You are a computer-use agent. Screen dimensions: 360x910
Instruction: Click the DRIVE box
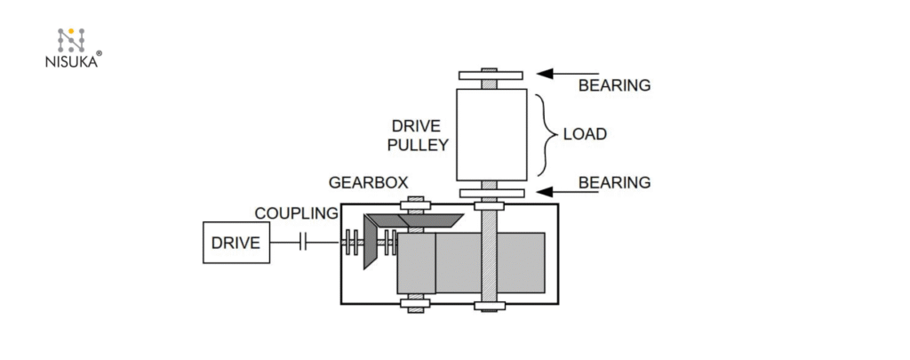coord(236,243)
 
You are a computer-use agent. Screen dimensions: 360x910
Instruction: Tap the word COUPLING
coord(296,213)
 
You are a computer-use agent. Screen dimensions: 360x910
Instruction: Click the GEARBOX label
coord(368,182)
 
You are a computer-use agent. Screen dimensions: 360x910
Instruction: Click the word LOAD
coord(585,134)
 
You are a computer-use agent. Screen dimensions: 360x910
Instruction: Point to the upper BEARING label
coord(614,85)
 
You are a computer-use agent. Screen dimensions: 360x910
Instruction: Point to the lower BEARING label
coord(614,182)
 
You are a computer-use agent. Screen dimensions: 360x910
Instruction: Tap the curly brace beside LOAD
coord(544,134)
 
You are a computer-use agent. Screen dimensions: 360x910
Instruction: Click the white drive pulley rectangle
coord(491,134)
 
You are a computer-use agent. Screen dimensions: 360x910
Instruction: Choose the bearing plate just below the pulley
coord(491,193)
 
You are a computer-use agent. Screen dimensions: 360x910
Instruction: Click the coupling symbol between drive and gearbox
coord(303,243)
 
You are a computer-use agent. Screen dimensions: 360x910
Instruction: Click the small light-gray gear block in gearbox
coord(416,263)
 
